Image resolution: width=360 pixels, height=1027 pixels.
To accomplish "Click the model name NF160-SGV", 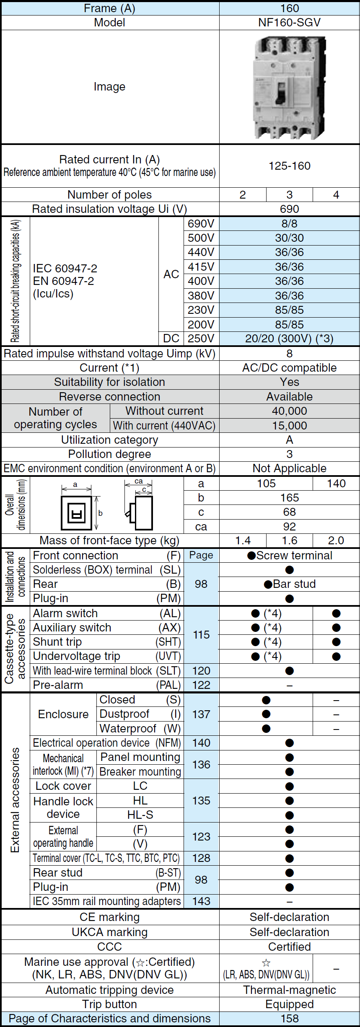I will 289,23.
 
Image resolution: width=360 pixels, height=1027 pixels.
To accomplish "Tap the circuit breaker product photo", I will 289,87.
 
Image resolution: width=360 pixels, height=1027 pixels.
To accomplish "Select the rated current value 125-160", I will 289,166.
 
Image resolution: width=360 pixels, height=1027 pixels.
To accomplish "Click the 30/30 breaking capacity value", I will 289,238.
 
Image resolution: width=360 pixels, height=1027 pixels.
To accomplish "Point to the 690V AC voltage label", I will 201,224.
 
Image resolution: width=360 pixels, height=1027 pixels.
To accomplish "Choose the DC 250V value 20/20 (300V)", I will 289,339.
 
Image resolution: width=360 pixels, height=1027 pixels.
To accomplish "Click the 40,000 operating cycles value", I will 289,411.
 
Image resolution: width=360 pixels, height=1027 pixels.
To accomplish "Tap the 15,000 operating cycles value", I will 289,426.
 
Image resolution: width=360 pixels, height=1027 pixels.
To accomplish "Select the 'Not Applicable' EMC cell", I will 289,468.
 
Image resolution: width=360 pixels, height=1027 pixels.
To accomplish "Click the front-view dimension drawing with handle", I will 77,512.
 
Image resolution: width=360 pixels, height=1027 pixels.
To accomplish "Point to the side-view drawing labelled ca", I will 140,507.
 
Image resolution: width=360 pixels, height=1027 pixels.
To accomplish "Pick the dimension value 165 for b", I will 289,498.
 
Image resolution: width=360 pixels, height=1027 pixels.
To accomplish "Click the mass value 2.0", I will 336,541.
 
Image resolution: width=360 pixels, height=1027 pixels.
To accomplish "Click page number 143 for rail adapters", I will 201,901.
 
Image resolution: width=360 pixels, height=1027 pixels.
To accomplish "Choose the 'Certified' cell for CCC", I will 289,947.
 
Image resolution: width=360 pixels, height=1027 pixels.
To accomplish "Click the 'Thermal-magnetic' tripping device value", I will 289,990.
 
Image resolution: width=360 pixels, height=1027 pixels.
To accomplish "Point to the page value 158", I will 289,1019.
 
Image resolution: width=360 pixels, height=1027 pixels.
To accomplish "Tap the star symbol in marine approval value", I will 266,963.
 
